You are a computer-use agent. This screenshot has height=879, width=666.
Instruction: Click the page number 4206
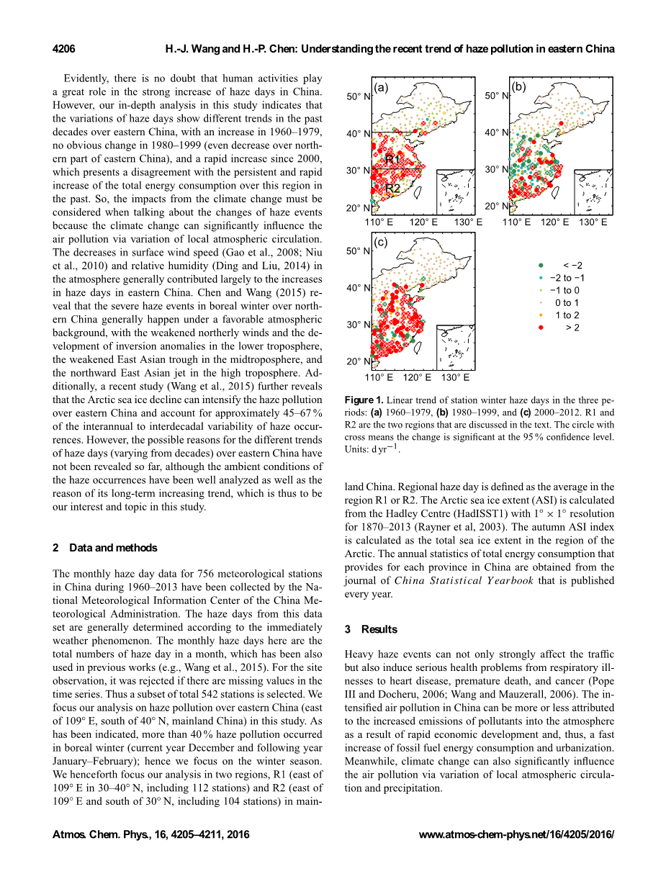(64, 49)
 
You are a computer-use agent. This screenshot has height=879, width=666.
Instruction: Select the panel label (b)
(519, 87)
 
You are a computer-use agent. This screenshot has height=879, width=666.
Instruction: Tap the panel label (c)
(381, 243)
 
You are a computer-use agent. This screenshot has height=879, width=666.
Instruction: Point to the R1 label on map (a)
(392, 159)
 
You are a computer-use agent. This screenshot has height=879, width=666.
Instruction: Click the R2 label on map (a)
(392, 188)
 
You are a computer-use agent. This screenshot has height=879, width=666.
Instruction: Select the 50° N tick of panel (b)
(496, 96)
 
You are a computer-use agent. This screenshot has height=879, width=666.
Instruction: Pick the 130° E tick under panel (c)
(455, 377)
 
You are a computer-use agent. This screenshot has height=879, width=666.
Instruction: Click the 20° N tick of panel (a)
(358, 208)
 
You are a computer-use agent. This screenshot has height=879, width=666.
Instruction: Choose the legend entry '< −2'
(572, 266)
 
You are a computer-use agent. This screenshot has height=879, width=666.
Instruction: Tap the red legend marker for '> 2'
(541, 328)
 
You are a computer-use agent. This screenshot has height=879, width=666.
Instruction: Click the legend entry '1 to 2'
(567, 315)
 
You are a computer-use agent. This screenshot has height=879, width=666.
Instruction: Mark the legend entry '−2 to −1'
(567, 278)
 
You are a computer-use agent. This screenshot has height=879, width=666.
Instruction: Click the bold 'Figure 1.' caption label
(364, 400)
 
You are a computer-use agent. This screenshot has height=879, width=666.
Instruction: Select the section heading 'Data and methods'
(113, 548)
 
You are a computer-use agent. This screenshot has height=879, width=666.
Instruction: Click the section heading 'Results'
(379, 629)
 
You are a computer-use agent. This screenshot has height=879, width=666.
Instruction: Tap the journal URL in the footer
(516, 835)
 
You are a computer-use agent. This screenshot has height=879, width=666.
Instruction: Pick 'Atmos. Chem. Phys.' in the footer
(96, 835)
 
